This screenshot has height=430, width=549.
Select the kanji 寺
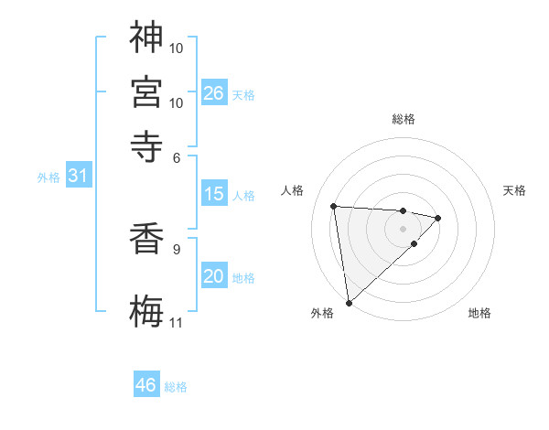pyautogui.click(x=147, y=145)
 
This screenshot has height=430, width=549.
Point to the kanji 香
pyautogui.click(x=147, y=239)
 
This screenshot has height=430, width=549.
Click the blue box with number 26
pyautogui.click(x=214, y=93)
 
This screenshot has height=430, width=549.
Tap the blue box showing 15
pyautogui.click(x=214, y=194)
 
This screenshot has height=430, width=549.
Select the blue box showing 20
pyautogui.click(x=214, y=277)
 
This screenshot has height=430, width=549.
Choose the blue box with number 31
pyautogui.click(x=79, y=176)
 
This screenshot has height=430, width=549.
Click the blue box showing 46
pyautogui.click(x=146, y=385)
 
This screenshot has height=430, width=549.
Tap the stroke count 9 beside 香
pyautogui.click(x=176, y=247)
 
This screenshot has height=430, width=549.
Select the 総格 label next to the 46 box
pyautogui.click(x=176, y=387)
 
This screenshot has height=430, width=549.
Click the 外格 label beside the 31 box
pyautogui.click(x=48, y=177)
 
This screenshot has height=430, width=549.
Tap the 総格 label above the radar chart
pyautogui.click(x=403, y=119)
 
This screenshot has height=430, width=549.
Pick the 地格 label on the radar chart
pyautogui.click(x=479, y=313)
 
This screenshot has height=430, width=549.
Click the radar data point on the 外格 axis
pyautogui.click(x=349, y=303)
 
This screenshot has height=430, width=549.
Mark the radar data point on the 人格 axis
pyautogui.click(x=334, y=205)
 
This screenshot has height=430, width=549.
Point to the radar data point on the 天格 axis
pyautogui.click(x=438, y=218)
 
